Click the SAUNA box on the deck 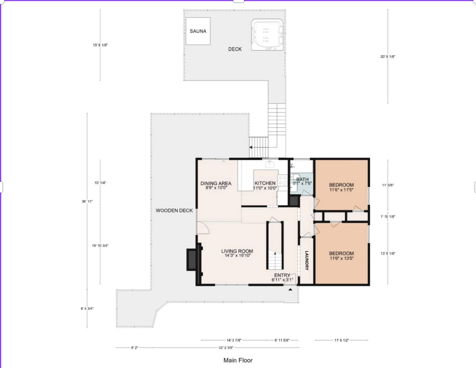point(198,31)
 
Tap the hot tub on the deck point(267,35)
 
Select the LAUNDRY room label point(307,260)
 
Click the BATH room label point(302,180)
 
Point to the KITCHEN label point(265,183)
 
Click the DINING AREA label point(216,183)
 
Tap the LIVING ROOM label point(237,251)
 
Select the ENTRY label point(282,275)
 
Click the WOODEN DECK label point(174,211)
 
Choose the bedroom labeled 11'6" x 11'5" point(341,185)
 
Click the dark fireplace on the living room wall point(192,260)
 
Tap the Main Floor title point(238,360)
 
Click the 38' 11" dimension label point(87,201)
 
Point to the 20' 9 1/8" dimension point(388,56)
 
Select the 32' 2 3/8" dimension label point(226,347)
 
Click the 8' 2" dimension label point(134,347)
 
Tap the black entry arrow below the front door point(290,289)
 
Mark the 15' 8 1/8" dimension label point(100,45)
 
